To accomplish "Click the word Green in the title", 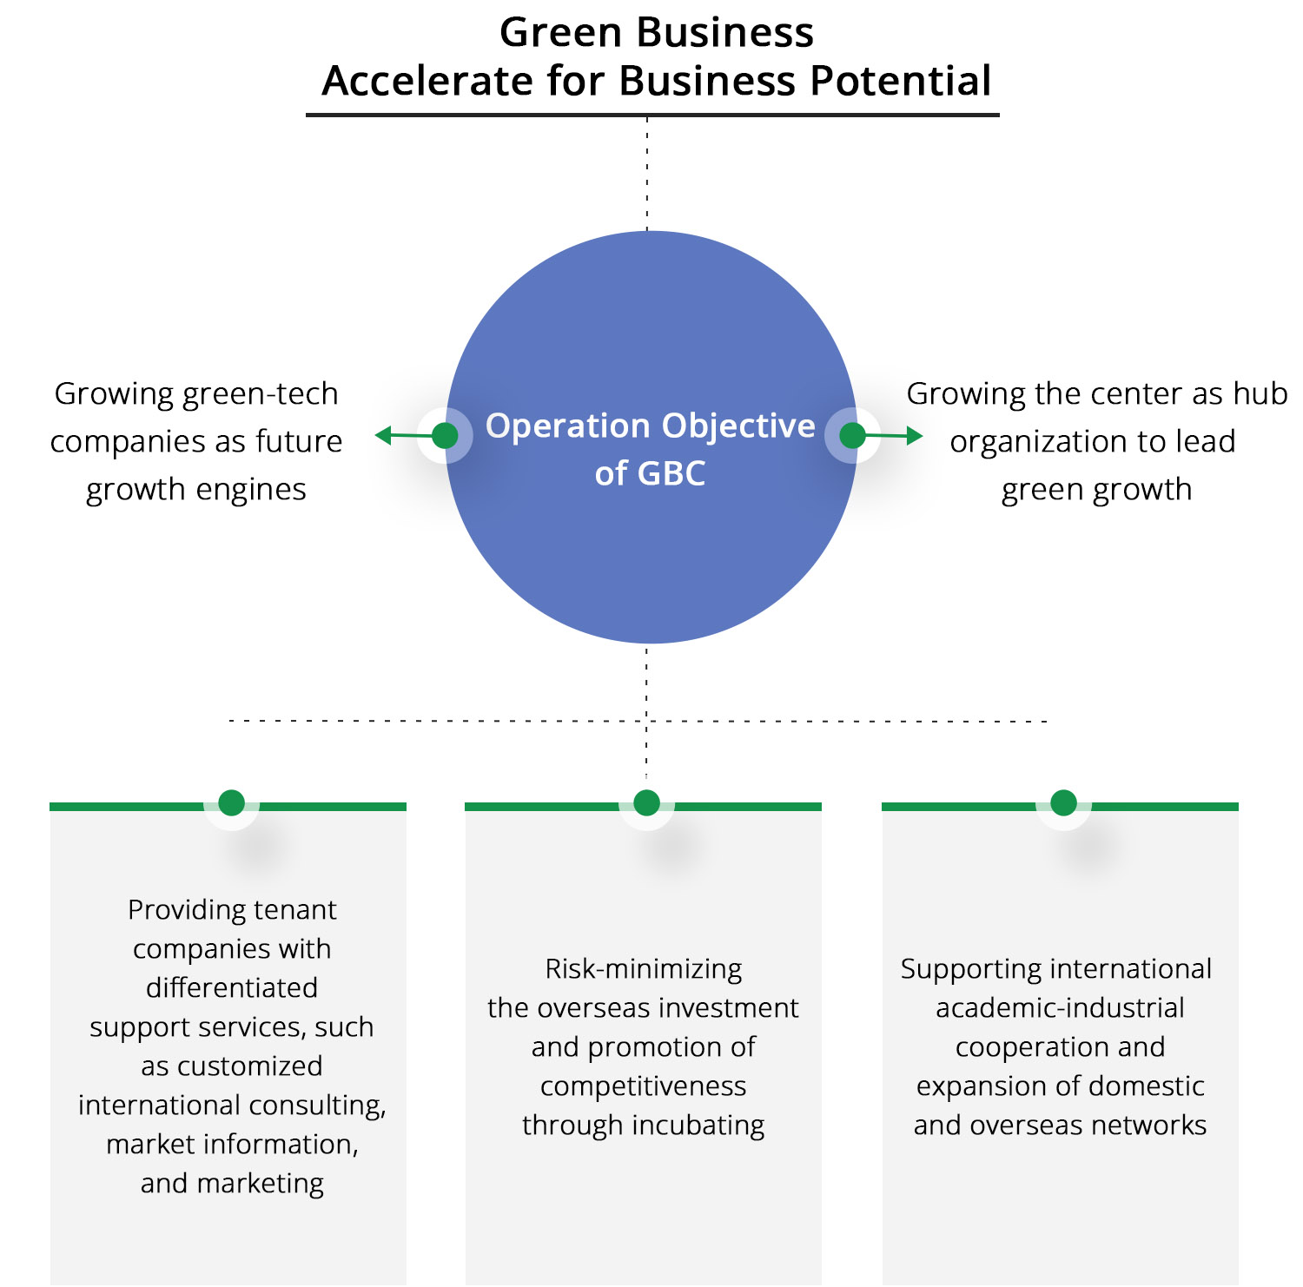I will tap(561, 33).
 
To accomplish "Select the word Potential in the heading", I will tap(901, 82).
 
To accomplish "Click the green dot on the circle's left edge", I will tap(445, 435).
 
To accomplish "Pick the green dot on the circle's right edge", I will tap(853, 435).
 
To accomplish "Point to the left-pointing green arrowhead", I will tap(383, 435).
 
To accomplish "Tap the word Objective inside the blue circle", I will tap(738, 426).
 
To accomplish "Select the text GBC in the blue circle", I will tap(671, 474).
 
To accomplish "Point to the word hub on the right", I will tap(1260, 394).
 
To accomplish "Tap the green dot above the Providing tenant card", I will tap(232, 802).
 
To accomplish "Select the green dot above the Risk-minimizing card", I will tap(646, 802).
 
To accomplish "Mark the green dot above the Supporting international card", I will tap(1063, 802).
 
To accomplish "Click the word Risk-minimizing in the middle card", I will tap(644, 969).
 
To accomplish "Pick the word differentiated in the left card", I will tap(232, 988).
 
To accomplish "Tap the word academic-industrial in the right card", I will tap(1060, 1008).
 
